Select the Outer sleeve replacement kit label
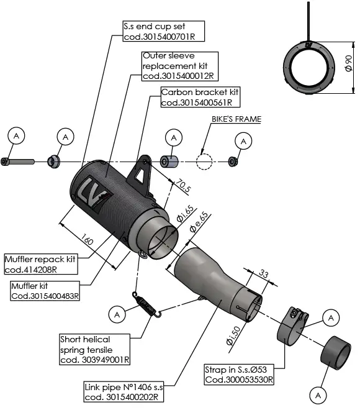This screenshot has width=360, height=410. (x=179, y=66)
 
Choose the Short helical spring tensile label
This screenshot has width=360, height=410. (x=94, y=349)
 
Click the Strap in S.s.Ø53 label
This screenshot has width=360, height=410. (x=239, y=375)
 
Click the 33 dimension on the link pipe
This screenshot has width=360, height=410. (x=263, y=274)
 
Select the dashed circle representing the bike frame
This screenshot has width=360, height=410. (x=205, y=162)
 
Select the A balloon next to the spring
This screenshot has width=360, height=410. (x=116, y=314)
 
